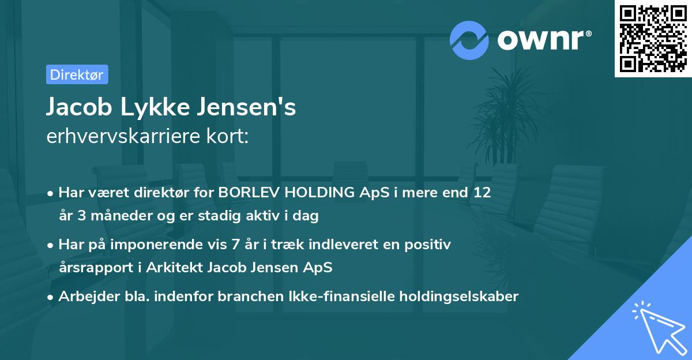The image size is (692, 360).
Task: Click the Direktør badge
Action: (x=77, y=74)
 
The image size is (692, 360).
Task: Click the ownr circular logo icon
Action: (x=469, y=40)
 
